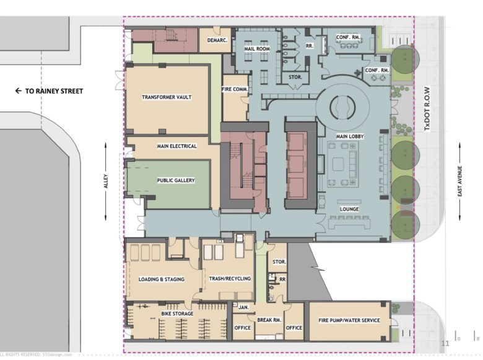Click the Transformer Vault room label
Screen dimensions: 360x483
166,97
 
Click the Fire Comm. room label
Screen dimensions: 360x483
235,89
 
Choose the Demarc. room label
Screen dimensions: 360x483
215,40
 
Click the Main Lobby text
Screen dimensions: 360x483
349,136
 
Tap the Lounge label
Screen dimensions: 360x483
349,209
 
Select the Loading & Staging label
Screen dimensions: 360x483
161,279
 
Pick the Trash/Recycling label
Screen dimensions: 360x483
229,279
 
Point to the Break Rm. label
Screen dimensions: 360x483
268,320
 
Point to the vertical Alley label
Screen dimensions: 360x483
106,181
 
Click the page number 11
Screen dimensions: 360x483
445,343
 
